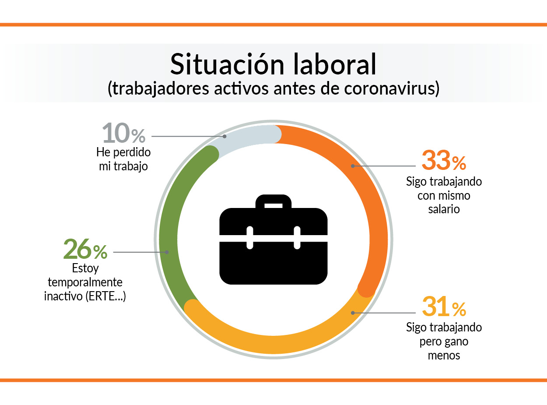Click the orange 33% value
(x=443, y=160)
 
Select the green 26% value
(x=85, y=249)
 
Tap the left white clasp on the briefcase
(x=250, y=238)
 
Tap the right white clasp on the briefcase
(x=297, y=238)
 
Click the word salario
(x=444, y=209)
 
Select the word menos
(x=444, y=355)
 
